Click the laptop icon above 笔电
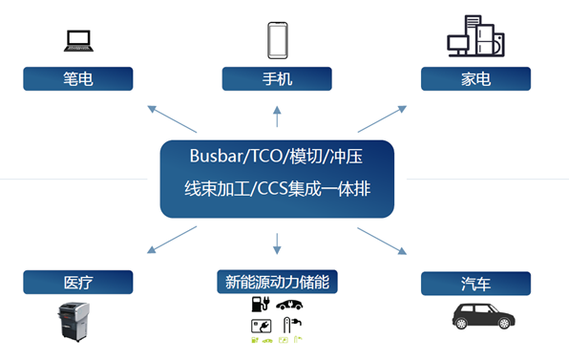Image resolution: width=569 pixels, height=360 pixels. pos(78,40)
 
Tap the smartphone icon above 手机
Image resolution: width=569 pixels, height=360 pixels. pos(277,40)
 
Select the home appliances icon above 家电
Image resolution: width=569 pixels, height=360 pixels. pos(474,35)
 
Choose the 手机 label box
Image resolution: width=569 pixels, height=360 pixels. pos(277,78)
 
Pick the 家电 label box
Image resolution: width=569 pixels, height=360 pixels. pos(474,78)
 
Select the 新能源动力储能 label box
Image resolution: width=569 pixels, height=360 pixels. pos(277,282)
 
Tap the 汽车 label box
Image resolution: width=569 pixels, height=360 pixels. pos(474,284)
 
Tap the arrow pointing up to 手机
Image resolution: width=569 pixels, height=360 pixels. pos(278,116)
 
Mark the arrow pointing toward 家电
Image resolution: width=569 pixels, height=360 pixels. pos(382,118)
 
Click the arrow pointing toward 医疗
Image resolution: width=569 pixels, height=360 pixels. pos(172,240)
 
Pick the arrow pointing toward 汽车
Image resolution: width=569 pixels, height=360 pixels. pos(382,241)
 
